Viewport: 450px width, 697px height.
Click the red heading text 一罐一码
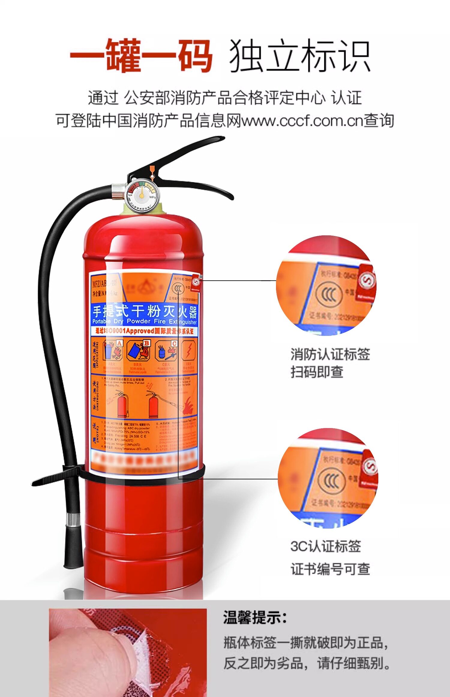141,56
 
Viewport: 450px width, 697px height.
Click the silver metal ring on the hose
73,520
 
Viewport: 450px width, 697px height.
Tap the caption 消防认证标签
330,354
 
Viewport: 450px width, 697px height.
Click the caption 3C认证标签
325,546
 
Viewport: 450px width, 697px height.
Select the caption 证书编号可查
330,569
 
